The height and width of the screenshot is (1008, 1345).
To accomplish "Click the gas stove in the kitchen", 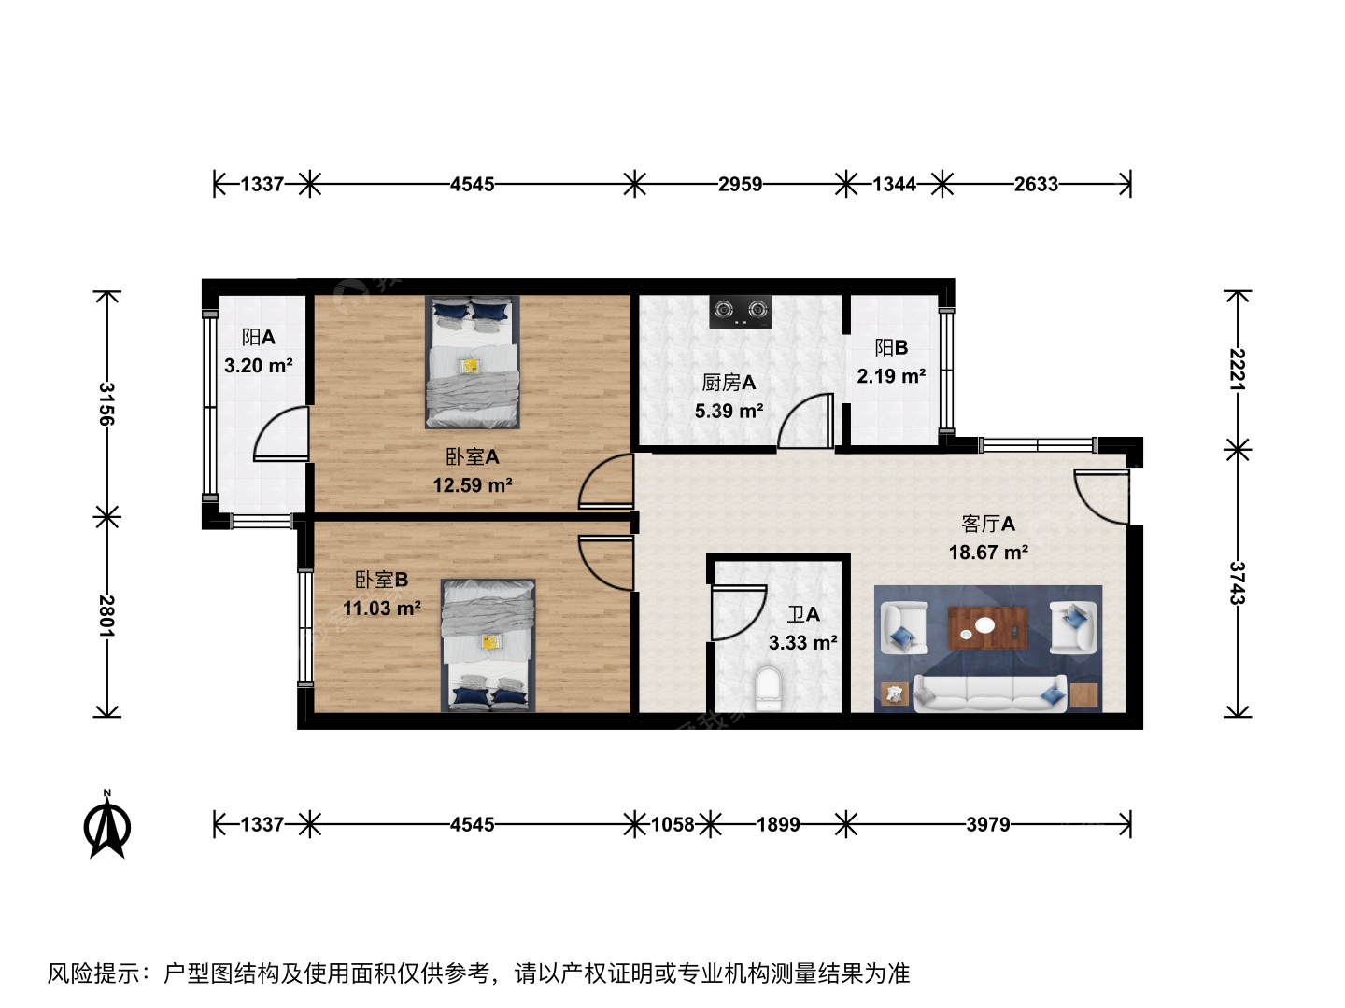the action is click(740, 311).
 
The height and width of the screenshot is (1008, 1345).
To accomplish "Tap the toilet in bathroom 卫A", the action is click(769, 689).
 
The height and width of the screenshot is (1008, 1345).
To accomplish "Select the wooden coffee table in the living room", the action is click(988, 628).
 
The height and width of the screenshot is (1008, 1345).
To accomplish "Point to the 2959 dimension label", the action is click(740, 184).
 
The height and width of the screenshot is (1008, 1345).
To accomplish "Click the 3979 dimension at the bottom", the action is click(988, 824).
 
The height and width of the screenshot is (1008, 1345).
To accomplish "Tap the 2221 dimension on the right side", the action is click(1238, 369).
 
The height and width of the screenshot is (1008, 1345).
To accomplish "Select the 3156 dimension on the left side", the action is click(107, 404).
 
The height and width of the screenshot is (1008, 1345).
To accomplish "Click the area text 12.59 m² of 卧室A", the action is click(473, 485).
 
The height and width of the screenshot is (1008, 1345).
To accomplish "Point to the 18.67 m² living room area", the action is click(988, 553).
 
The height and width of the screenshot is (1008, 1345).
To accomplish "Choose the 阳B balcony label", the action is click(891, 347).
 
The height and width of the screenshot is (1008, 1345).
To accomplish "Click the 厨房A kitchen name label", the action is click(729, 383).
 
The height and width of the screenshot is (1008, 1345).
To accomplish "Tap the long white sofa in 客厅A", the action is click(990, 693).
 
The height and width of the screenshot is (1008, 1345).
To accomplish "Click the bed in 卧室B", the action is click(488, 645).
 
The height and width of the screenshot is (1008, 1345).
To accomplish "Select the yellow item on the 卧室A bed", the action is click(471, 366).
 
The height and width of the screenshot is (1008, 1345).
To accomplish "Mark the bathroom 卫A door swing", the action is click(739, 612).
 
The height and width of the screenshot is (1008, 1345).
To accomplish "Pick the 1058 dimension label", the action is click(672, 824).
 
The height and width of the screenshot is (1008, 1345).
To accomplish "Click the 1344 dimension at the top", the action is click(894, 184).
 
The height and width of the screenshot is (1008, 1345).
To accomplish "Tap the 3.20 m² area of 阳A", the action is click(258, 365).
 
